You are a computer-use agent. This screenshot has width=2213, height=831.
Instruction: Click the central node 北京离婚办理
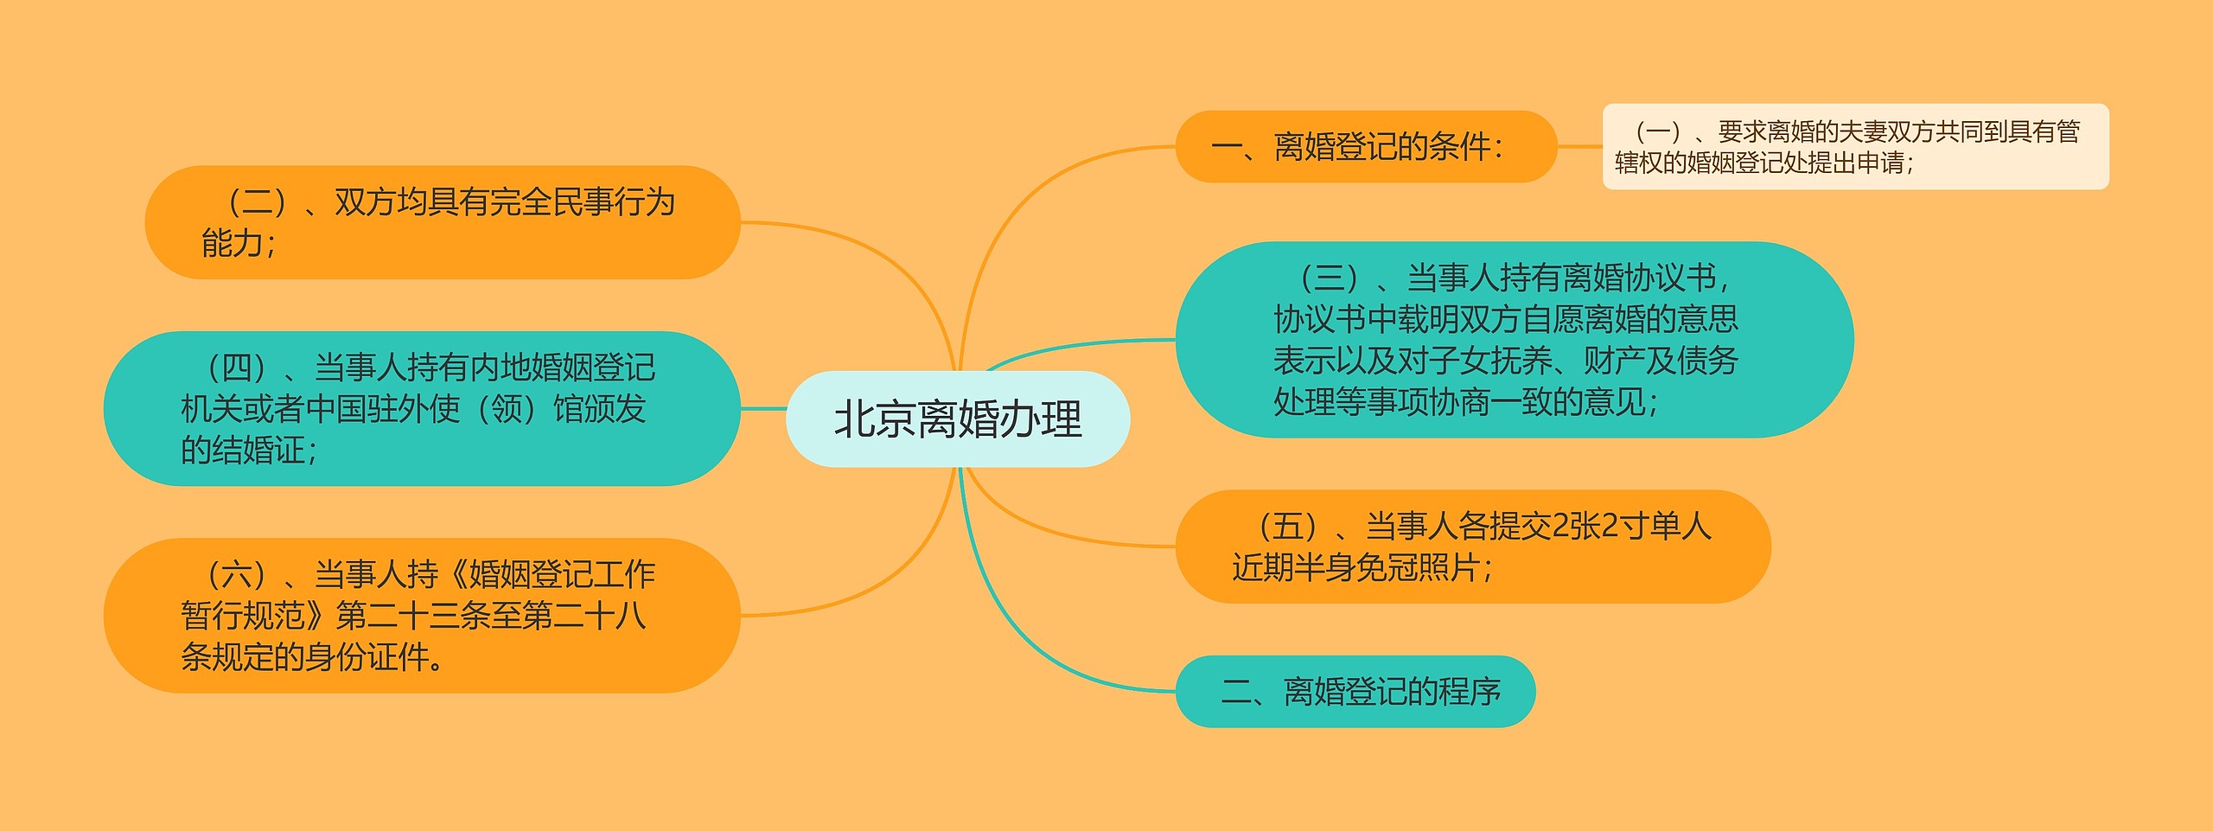point(958,419)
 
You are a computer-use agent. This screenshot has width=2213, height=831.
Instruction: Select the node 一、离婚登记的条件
point(1366,146)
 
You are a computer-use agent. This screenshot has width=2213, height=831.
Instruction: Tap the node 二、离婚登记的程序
point(1355,692)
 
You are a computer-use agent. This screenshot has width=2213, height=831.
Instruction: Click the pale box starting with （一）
point(1856,146)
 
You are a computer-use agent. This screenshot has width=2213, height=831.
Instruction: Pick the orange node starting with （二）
point(443,222)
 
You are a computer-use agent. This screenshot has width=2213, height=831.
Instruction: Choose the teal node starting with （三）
point(1515,340)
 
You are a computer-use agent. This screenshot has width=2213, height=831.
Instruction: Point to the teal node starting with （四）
point(422,409)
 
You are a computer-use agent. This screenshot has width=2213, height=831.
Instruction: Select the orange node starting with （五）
point(1473,547)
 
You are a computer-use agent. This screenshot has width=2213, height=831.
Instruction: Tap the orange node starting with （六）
point(422,616)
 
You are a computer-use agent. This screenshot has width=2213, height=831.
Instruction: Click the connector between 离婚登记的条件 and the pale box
point(1579,146)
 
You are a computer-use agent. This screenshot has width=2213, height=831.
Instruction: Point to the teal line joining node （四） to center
point(763,409)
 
